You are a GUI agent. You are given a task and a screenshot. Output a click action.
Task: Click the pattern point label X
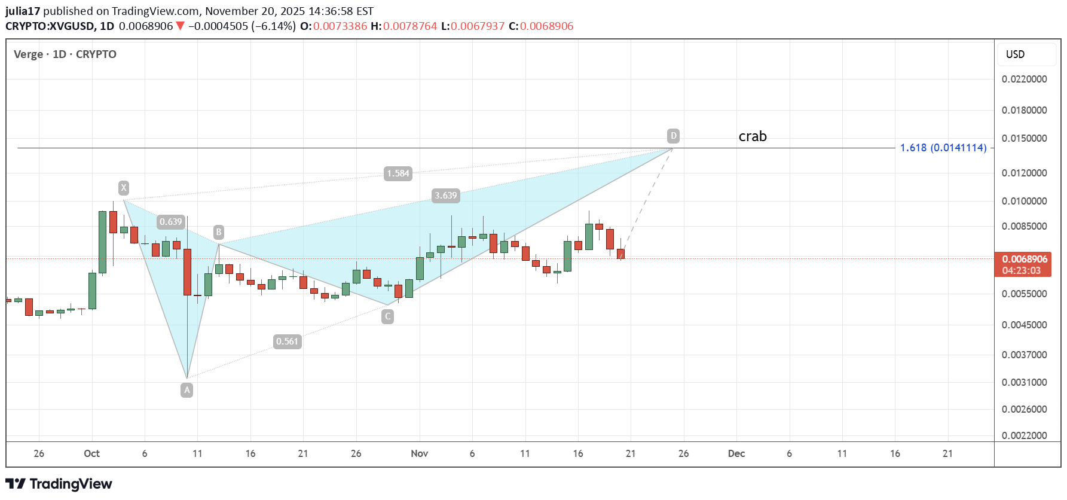click(x=124, y=188)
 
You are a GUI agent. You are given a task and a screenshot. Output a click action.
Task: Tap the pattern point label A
click(x=187, y=390)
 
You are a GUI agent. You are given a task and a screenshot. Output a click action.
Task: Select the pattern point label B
click(x=219, y=232)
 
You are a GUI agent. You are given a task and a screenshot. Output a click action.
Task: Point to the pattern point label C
click(x=388, y=316)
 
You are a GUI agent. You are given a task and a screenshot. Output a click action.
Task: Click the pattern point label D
click(x=674, y=136)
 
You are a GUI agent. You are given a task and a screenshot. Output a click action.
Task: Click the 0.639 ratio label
click(x=170, y=222)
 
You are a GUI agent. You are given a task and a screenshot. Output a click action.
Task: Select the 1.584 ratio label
click(x=398, y=173)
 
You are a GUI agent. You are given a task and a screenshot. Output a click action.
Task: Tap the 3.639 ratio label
click(x=446, y=196)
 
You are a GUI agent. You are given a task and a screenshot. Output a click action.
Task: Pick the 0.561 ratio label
click(x=287, y=342)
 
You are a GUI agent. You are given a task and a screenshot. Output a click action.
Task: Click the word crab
click(x=753, y=136)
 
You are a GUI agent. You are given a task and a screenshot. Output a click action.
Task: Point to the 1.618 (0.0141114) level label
click(x=943, y=148)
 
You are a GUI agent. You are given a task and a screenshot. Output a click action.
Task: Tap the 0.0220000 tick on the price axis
click(x=1025, y=79)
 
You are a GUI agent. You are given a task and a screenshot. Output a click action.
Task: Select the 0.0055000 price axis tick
click(x=1025, y=294)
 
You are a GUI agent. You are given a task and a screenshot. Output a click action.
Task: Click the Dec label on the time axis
click(x=736, y=453)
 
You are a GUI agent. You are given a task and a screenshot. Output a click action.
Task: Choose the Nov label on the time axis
click(x=420, y=453)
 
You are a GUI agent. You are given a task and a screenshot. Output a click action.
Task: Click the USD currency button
click(x=1015, y=54)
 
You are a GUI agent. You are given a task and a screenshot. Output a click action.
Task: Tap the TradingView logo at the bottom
click(x=59, y=484)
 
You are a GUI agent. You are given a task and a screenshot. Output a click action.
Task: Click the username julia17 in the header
click(x=23, y=11)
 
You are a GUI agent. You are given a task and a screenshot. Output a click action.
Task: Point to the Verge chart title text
click(x=29, y=54)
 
